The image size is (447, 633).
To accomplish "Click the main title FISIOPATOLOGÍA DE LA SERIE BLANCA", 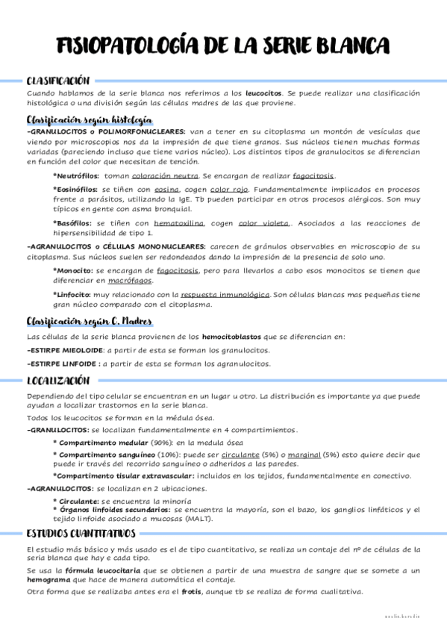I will (x=222, y=47).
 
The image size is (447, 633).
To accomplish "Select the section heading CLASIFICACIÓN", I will (x=57, y=81).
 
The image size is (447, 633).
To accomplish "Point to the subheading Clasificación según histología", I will (x=89, y=119).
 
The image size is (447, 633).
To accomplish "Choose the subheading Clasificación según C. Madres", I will (x=89, y=322).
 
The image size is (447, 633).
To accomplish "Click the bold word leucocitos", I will (x=264, y=93).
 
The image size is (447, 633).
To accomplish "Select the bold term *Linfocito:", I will (x=73, y=294).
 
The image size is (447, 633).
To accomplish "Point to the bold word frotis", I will (x=191, y=591).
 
